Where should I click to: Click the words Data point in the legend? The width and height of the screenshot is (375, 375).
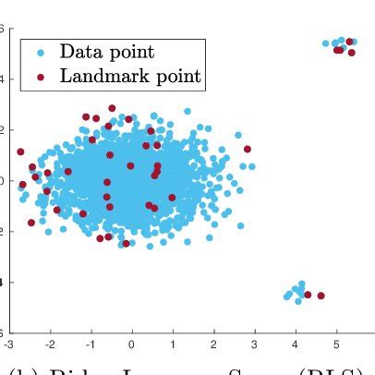(106, 52)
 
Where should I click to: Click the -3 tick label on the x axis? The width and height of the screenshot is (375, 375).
(7, 344)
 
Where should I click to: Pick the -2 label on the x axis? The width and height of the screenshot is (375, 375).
(49, 344)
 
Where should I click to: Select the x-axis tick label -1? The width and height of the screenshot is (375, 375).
(90, 344)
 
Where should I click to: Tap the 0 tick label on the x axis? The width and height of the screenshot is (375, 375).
(132, 344)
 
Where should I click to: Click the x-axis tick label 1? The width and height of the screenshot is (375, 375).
(173, 344)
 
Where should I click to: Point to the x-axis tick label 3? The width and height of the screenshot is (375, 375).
(255, 344)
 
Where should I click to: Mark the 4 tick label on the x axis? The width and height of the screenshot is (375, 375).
(296, 344)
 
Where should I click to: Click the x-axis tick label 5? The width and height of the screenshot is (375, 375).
(336, 344)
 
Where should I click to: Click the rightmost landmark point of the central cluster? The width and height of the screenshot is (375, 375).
(247, 149)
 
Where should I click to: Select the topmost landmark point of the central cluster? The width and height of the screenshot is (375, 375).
(112, 108)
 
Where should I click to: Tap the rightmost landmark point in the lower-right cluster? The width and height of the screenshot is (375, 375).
(321, 296)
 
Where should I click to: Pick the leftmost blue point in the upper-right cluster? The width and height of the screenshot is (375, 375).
(326, 43)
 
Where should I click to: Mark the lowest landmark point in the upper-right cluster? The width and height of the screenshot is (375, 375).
(339, 50)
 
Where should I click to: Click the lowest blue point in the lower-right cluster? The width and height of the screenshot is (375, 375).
(296, 301)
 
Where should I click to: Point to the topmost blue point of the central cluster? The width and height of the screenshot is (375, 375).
(187, 111)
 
